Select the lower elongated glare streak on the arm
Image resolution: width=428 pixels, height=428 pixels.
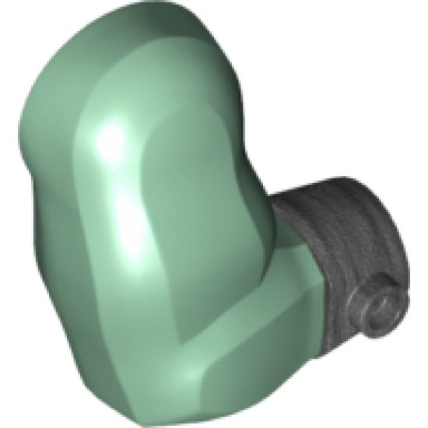(x=132, y=233)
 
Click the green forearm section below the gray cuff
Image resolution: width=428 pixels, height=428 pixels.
(x=280, y=311)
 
